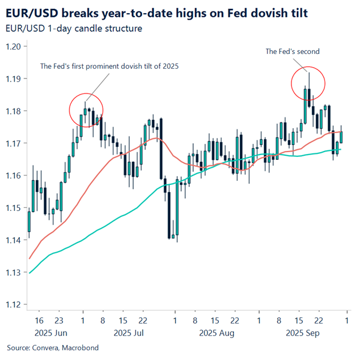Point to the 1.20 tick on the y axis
click(x=14, y=47)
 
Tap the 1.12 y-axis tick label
click(x=14, y=304)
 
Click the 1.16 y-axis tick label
click(x=14, y=176)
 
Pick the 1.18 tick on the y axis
click(x=14, y=111)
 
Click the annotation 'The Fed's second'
click(x=292, y=52)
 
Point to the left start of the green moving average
click(x=29, y=273)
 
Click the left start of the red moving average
click(x=29, y=259)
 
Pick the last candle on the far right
click(x=341, y=137)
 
